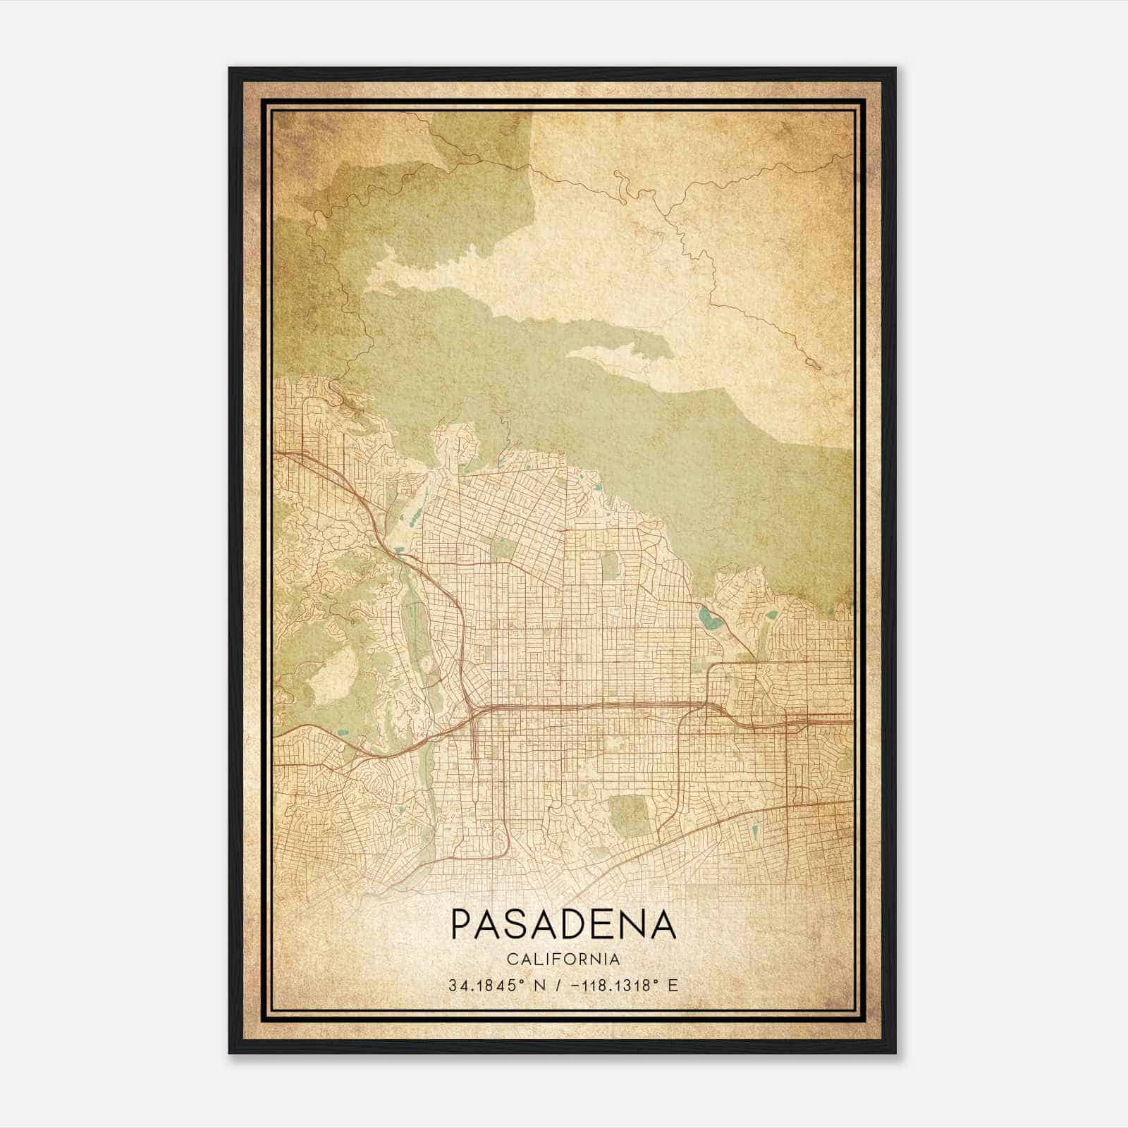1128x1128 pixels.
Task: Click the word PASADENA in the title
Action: click(x=563, y=924)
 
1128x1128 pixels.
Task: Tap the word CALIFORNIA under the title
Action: click(x=563, y=960)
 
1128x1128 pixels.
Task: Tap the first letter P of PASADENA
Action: click(x=460, y=924)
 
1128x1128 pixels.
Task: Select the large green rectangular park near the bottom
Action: click(x=629, y=816)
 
